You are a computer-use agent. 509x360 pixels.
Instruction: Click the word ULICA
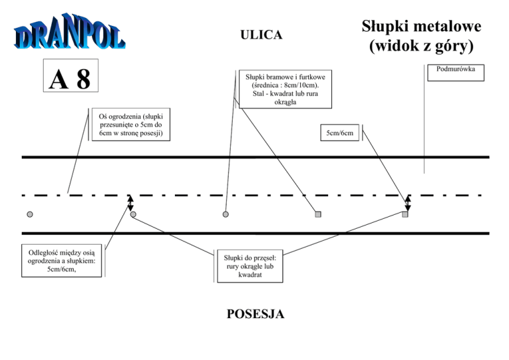260,34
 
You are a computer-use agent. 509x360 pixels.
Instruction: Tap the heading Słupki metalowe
422,27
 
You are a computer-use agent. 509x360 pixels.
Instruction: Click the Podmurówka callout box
456,70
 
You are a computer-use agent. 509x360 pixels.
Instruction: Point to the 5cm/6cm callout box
339,134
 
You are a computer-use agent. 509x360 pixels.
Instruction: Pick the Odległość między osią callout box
62,260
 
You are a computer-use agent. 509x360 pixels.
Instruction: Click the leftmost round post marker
30,214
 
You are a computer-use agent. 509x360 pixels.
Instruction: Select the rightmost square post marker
406,214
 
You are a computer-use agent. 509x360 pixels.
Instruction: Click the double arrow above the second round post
131,202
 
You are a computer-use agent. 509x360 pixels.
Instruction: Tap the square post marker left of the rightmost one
318,214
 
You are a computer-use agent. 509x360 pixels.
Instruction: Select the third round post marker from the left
226,214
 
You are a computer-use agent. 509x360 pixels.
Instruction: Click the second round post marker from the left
133,214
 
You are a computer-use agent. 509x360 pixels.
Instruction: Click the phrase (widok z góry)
422,46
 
